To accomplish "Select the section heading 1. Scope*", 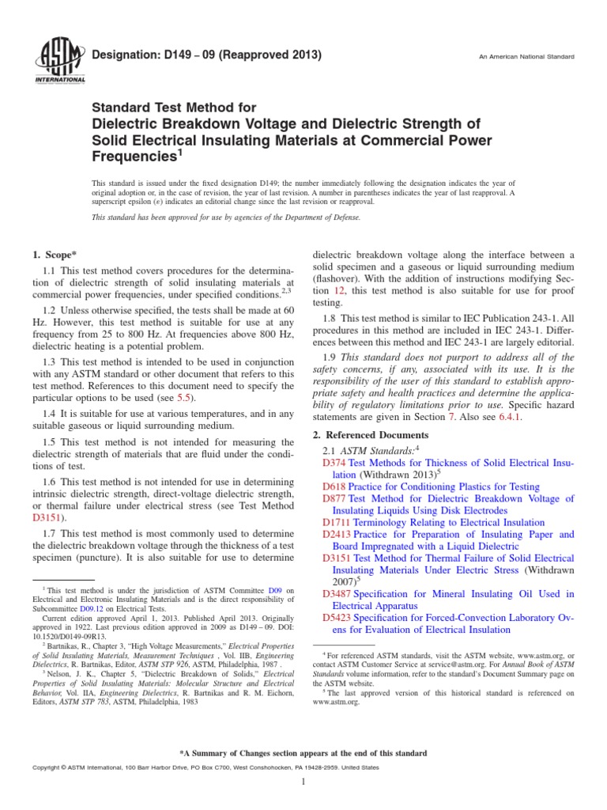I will (54, 255).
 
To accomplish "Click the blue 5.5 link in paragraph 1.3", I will (183, 396).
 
